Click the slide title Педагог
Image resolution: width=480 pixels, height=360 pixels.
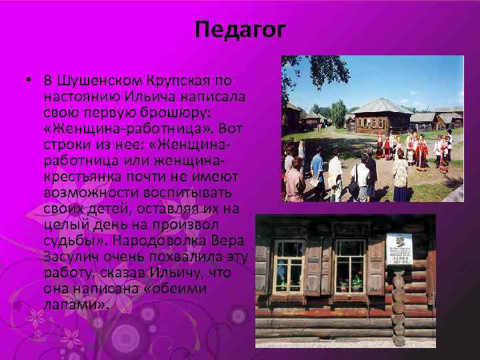tap(241, 30)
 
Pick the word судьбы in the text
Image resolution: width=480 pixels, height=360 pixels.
tap(67, 241)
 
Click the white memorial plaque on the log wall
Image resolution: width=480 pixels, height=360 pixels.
tap(399, 249)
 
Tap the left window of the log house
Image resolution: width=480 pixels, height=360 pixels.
tap(289, 265)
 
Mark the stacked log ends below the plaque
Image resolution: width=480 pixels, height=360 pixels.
tap(399, 307)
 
